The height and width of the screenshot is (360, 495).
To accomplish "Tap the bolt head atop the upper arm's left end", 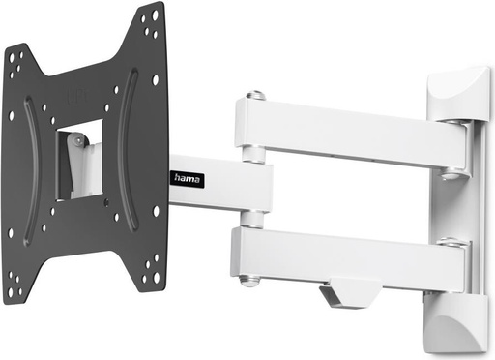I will (254, 96).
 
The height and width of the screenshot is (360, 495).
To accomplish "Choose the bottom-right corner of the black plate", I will (160, 287).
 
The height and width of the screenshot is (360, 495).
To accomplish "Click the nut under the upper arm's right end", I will (451, 176).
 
